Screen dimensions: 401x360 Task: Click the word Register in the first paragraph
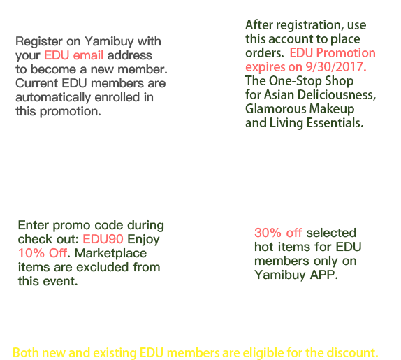pos(39,42)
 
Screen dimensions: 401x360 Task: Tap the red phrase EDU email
pos(73,55)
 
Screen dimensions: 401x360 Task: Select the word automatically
pos(53,97)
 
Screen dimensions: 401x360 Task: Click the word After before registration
pos(259,25)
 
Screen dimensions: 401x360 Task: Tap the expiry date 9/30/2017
pos(336,67)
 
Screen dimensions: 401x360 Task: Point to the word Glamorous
pos(276,109)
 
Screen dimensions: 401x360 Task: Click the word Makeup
pos(332,109)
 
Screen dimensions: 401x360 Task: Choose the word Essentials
pos(335,123)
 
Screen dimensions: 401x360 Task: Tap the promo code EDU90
pos(103,239)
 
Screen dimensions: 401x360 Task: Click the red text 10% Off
pos(43,253)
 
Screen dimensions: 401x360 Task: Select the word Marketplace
pos(110,254)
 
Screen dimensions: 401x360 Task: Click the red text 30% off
pos(278,233)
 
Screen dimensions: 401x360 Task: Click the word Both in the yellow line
pos(26,352)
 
